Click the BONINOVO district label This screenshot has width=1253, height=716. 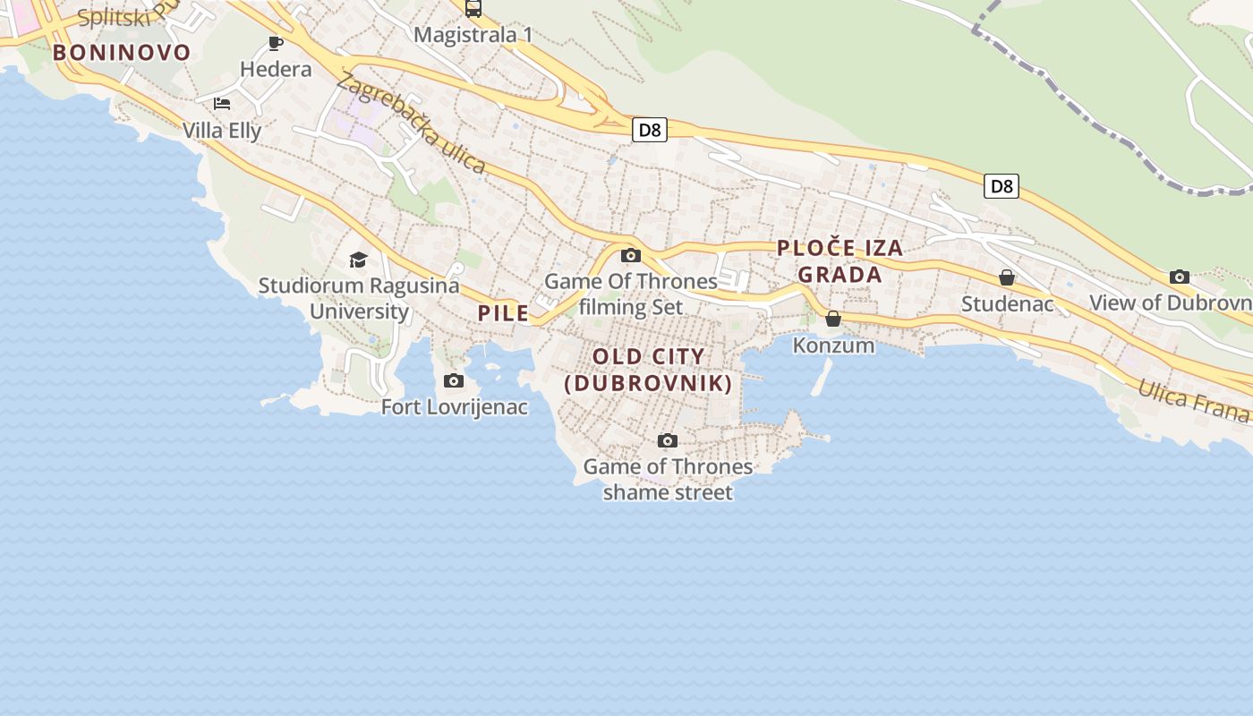tap(122, 52)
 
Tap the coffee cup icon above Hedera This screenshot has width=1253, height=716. tap(276, 43)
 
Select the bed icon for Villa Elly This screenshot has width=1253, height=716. tap(222, 104)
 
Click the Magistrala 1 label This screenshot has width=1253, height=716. tap(473, 35)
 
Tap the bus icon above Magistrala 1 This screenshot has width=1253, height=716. tap(473, 9)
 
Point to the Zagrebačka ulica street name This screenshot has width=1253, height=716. tap(411, 124)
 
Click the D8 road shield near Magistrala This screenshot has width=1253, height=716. tap(650, 130)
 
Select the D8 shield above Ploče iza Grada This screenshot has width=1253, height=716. tap(1002, 186)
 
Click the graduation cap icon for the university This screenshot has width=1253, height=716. tap(358, 260)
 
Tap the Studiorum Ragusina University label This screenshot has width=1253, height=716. tap(359, 298)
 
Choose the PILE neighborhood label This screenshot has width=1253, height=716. tap(503, 312)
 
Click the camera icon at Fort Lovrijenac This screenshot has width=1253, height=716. tap(454, 380)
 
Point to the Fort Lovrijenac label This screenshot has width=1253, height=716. tap(455, 407)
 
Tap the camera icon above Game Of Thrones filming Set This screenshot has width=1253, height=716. tap(631, 255)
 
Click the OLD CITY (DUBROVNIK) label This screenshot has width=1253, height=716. tap(649, 370)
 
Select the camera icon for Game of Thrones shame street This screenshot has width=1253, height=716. tap(667, 440)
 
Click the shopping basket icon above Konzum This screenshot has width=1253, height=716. tap(833, 319)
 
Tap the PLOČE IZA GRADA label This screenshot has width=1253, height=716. tap(840, 260)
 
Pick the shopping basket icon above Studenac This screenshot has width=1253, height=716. tap(1007, 277)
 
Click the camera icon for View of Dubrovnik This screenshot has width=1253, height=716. tap(1180, 277)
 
